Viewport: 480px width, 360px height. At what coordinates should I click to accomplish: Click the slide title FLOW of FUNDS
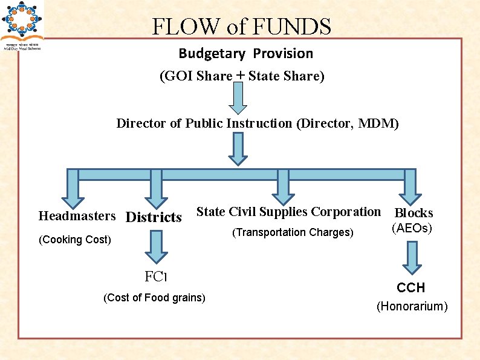click(241, 27)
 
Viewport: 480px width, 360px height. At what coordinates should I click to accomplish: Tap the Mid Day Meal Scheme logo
click(22, 25)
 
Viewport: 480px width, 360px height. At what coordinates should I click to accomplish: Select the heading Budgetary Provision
click(245, 53)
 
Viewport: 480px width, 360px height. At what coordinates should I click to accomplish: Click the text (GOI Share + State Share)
click(242, 76)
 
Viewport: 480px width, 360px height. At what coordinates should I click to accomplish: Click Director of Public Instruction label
click(258, 123)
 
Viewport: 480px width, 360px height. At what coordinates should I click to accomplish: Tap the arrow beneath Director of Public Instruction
click(239, 148)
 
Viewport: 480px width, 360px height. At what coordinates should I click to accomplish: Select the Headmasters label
click(77, 216)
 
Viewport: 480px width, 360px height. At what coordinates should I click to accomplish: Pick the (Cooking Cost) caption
click(75, 240)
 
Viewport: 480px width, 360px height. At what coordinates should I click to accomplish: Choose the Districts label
click(154, 217)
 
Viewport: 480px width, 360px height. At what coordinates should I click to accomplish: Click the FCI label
click(155, 277)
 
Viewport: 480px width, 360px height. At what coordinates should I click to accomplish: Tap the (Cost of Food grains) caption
click(155, 298)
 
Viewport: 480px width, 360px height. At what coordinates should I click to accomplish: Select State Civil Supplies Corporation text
click(288, 212)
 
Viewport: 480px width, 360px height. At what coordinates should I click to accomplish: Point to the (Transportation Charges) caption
click(293, 232)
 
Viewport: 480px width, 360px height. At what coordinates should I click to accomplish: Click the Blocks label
click(414, 213)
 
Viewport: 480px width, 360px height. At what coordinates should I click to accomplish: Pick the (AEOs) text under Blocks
click(412, 229)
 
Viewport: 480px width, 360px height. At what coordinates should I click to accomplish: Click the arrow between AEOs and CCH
click(413, 257)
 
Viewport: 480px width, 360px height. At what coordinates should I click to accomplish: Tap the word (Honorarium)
click(412, 307)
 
